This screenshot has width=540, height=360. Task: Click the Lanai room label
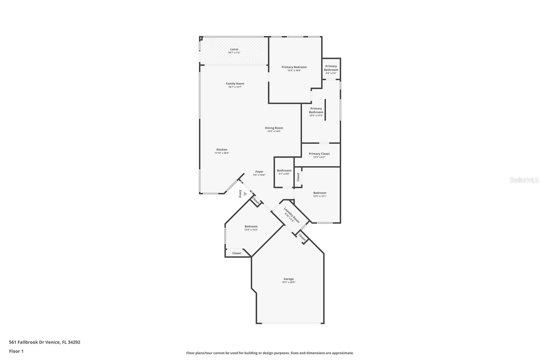click(234, 49)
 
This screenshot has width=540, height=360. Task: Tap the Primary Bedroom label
click(294, 67)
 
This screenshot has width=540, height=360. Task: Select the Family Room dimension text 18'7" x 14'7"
click(235, 87)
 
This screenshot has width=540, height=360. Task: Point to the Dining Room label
click(274, 128)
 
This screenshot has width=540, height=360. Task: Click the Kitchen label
click(222, 150)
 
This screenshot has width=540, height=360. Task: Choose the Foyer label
click(259, 172)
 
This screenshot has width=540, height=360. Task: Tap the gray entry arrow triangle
click(245, 194)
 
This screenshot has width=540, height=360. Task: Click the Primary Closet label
click(319, 154)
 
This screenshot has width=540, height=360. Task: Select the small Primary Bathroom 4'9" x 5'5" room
click(331, 69)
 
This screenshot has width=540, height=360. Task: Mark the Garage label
click(288, 279)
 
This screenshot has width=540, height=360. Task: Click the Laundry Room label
click(292, 215)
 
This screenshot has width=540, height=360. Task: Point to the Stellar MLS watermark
click(524, 180)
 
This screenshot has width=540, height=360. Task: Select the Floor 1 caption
click(16, 351)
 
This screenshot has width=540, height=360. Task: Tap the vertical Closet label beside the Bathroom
click(298, 177)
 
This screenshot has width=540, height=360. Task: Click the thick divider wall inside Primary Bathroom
click(325, 110)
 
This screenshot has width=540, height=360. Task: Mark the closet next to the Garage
click(302, 237)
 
